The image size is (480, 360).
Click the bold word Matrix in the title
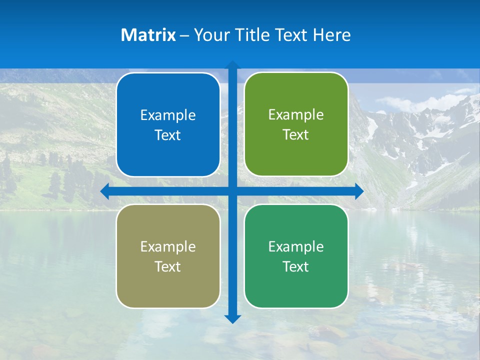coord(148,35)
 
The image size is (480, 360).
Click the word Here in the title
coord(332,35)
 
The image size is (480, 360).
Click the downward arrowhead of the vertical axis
coord(232,318)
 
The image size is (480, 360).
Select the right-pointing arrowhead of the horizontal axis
coord(358,191)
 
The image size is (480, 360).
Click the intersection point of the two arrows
coord(232,191)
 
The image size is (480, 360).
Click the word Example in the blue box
coord(168,115)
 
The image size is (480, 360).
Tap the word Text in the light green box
coord(296,135)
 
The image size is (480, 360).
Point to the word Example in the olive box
coord(168,247)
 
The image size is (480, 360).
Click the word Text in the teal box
coord(296,267)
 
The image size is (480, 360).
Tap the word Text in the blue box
coord(168,135)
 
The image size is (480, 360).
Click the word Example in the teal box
coord(296,247)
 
